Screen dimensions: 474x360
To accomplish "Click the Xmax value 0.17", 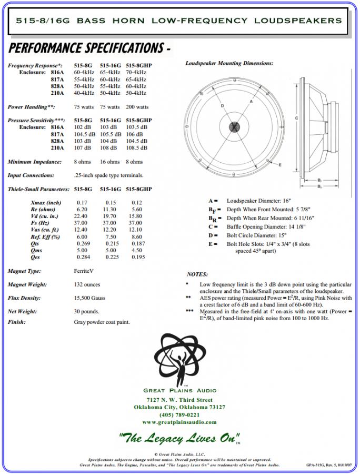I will point(82,203).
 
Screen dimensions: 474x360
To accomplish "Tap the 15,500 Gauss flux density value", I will point(89,298).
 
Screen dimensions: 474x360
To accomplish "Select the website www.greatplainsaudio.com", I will point(179,422).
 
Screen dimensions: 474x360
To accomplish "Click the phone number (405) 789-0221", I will point(179,415).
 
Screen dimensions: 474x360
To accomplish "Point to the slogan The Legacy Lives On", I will point(178,438).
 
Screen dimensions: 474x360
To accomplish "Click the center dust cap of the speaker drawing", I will point(234,127).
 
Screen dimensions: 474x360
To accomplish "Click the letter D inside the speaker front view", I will point(223,105).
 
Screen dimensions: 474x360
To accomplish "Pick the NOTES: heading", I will point(197,274).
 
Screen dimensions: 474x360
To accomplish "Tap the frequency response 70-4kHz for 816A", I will point(136,72).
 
